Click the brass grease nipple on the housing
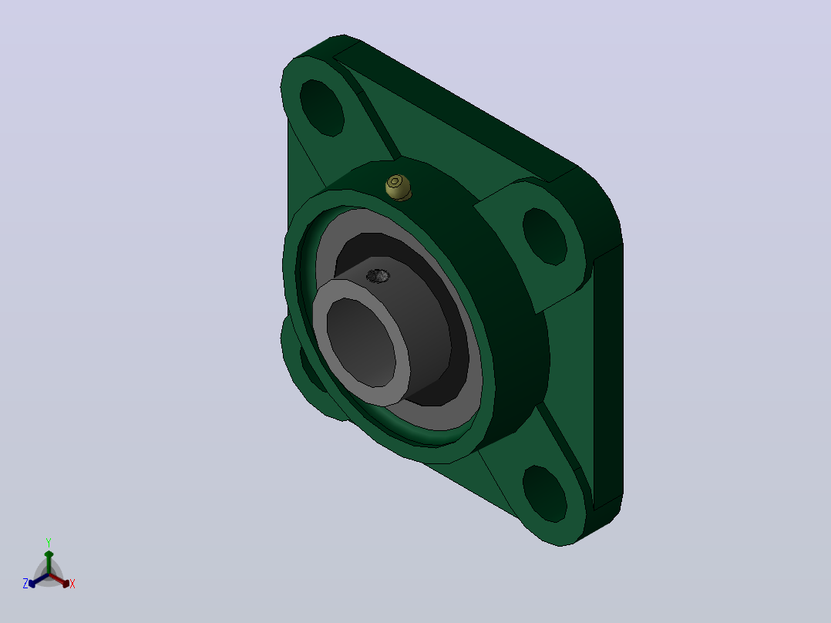pyautogui.click(x=398, y=187)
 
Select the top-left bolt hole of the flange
pyautogui.click(x=321, y=108)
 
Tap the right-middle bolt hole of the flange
pyautogui.click(x=545, y=236)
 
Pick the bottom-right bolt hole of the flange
pyautogui.click(x=545, y=493)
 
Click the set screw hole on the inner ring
pyautogui.click(x=378, y=276)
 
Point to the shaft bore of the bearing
pyautogui.click(x=361, y=342)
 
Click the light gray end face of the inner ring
pyautogui.click(x=361, y=342)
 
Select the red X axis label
pyautogui.click(x=72, y=584)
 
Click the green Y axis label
pyautogui.click(x=49, y=543)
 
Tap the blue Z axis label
pyautogui.click(x=25, y=584)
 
